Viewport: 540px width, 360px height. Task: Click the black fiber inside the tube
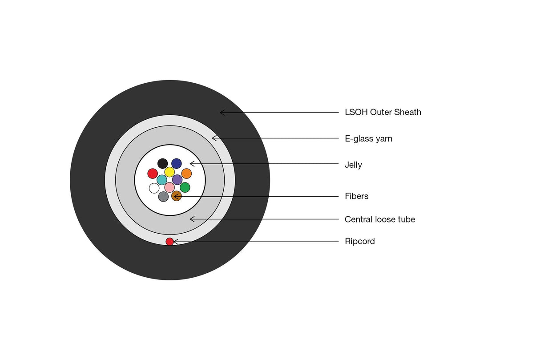coord(163,163)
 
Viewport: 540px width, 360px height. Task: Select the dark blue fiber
coord(177,163)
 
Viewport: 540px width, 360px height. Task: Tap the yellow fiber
coord(169,172)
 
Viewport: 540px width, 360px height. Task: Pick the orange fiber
coord(186,174)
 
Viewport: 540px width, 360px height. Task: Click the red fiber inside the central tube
coord(153,174)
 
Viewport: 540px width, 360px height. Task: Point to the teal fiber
coord(162,180)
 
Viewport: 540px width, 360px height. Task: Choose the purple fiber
coord(177,180)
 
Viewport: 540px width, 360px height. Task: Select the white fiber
coord(154,188)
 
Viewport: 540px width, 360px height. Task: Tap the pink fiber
coord(169,187)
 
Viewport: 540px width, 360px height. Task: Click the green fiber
coord(185,187)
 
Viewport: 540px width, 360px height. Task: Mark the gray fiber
coord(163,197)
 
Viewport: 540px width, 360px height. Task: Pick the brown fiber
coord(177,196)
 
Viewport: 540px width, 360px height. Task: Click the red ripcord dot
coord(170,241)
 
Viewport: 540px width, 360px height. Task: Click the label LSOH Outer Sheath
coord(383,112)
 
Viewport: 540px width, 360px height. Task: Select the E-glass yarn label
coord(368,139)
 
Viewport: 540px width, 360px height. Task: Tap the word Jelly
coord(353,165)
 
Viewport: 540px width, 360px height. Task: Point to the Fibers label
coord(357,196)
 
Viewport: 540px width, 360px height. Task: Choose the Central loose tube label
coord(380,219)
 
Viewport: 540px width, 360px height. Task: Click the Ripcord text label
coord(360,241)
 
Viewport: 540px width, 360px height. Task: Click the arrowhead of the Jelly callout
coord(190,164)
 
